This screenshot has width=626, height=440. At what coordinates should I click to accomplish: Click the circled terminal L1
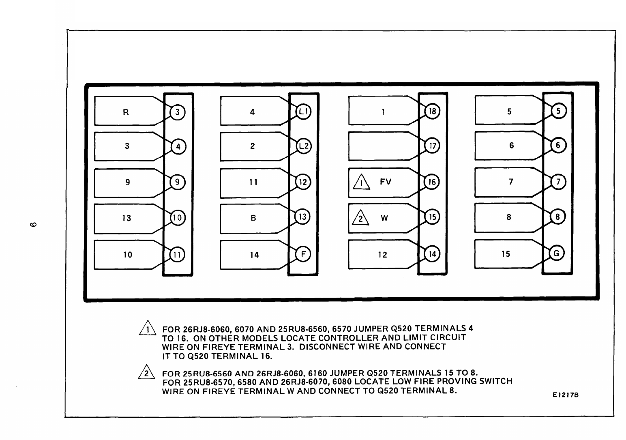pos(303,111)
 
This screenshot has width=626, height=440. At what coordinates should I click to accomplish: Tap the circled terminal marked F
pos(303,254)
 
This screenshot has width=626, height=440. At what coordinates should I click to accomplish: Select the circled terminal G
pos(557,253)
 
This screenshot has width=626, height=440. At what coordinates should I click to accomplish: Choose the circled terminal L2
pos(303,146)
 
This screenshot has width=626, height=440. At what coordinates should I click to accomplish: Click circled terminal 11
pos(178,255)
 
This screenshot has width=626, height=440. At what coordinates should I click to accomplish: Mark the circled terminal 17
pos(432,146)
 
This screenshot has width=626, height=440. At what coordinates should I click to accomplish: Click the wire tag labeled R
pos(126,112)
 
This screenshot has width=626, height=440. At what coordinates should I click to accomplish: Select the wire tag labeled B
pos(253,218)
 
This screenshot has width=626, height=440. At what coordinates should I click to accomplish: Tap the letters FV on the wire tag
pos(386,182)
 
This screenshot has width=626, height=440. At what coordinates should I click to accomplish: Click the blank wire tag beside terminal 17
pos(381,146)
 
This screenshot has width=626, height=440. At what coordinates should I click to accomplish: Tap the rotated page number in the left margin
pos(34,224)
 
